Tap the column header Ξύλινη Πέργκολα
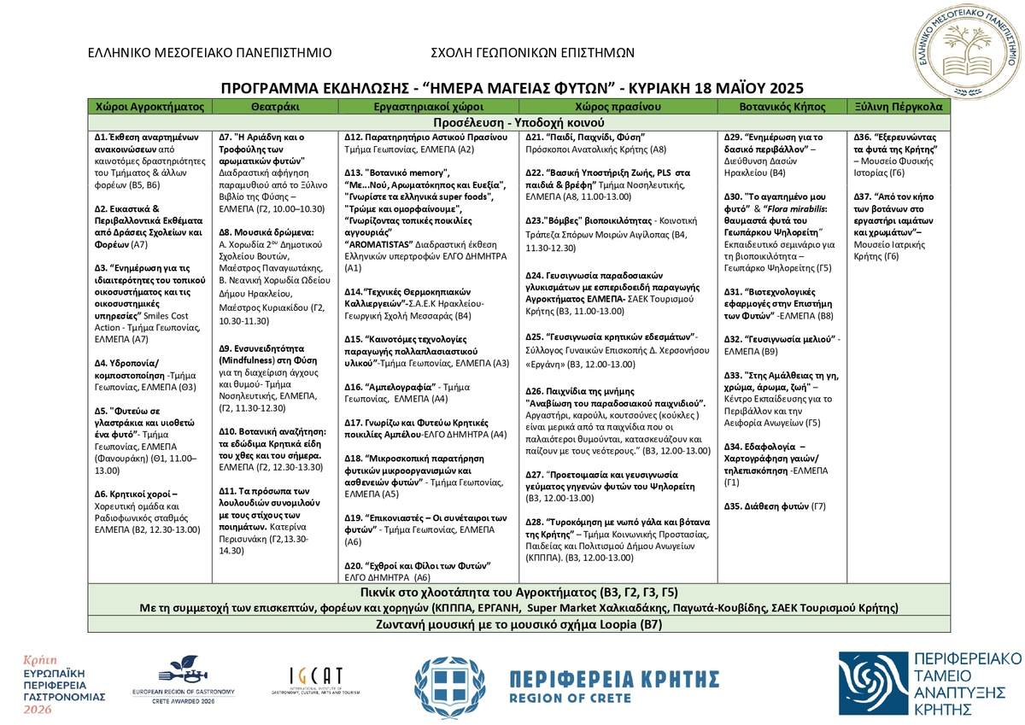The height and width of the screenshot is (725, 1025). point(899,108)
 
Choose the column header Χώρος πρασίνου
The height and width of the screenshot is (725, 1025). point(619,108)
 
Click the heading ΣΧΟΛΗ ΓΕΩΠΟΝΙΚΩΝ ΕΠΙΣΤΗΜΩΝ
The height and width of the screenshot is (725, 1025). point(533,52)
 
